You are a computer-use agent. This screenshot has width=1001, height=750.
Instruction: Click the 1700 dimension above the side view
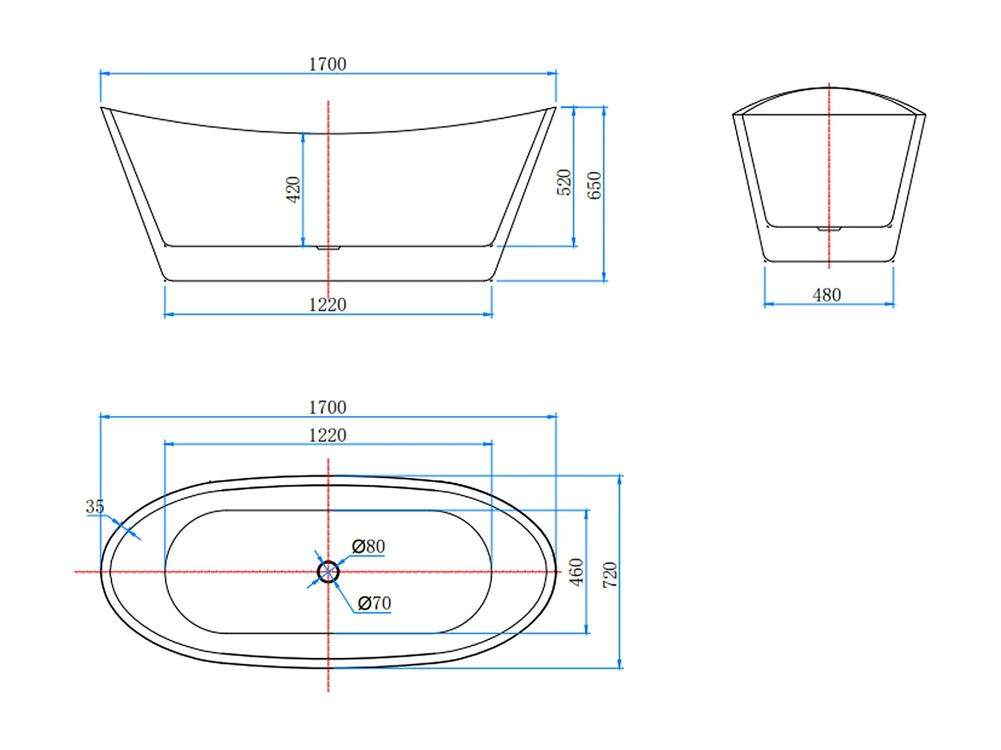point(327,64)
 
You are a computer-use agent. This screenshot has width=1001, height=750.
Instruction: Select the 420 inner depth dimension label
point(293,189)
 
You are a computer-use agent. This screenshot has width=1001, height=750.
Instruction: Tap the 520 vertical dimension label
point(564,182)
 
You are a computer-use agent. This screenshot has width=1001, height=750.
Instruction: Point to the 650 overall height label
point(594,185)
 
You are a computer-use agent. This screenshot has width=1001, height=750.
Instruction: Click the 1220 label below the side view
point(327,305)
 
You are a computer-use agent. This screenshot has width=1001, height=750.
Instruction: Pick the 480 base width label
point(826,295)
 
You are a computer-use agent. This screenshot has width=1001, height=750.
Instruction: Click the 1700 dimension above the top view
point(327,407)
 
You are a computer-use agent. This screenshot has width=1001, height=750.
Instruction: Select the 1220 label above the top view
point(327,435)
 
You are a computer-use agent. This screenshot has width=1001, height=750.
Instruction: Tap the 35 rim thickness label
point(95,506)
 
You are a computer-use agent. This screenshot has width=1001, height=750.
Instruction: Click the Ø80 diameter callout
point(368,546)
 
